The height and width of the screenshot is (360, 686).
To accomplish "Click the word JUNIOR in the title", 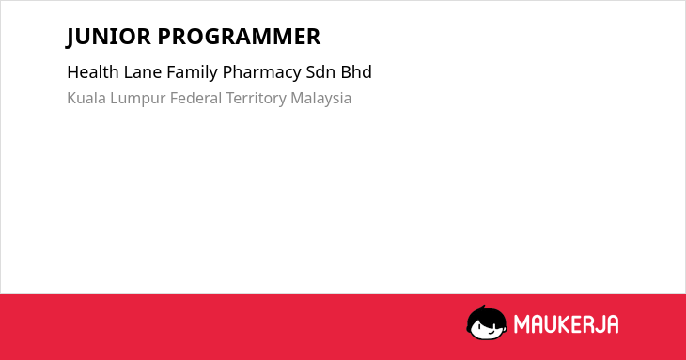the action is click(108, 37).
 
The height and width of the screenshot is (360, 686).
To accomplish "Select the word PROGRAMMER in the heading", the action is click(239, 37).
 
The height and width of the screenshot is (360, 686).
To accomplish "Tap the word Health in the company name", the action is click(93, 71).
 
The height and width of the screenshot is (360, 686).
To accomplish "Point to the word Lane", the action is click(143, 71).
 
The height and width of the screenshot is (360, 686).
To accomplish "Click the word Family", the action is click(192, 72).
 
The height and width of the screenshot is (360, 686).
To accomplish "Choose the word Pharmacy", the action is click(261, 72).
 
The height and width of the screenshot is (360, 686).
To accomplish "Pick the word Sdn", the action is click(320, 71).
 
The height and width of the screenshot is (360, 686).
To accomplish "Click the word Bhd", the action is click(356, 71).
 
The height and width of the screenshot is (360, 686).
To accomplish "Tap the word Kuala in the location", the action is click(86, 98).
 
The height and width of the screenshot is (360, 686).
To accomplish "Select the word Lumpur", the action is click(138, 99).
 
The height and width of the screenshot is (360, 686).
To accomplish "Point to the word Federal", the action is click(195, 98).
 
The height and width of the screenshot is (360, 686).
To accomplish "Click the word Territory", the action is click(256, 99).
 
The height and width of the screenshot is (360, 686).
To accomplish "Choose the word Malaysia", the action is click(321, 99).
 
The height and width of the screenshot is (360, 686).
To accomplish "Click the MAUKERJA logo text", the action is click(566, 324).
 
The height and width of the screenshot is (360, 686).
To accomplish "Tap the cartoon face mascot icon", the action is click(487, 322).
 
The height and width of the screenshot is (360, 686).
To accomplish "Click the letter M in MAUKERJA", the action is click(521, 324).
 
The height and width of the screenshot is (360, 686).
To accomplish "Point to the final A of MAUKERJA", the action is click(613, 324).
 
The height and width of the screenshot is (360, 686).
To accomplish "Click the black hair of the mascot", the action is click(486, 315).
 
